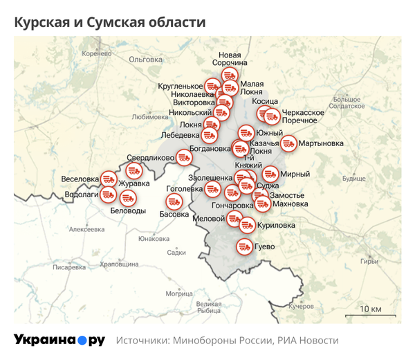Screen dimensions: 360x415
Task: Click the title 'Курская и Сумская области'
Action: (x=110, y=22)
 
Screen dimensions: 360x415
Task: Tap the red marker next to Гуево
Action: (x=243, y=246)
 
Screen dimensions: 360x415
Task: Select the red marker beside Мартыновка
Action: (x=289, y=143)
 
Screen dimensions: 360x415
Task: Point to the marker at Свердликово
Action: (x=183, y=157)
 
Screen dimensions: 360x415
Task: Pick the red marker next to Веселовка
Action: (x=109, y=179)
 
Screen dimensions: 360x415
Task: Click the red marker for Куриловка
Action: (x=247, y=224)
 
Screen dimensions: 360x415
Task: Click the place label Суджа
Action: (x=268, y=186)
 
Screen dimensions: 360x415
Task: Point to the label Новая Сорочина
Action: (x=230, y=59)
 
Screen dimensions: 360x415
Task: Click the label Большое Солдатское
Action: (x=347, y=102)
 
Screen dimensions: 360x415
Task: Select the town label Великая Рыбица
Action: (x=209, y=307)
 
